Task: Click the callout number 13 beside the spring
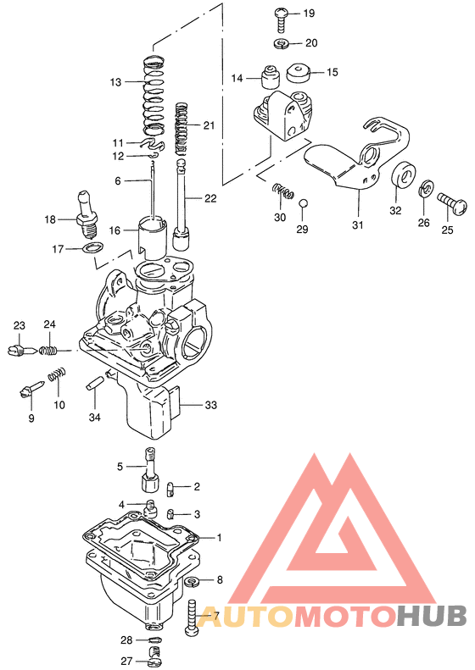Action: (x=116, y=82)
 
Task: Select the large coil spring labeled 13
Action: (x=154, y=95)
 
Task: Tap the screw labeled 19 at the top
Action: (x=282, y=15)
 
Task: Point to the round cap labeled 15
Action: (x=300, y=72)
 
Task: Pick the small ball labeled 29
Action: (x=304, y=203)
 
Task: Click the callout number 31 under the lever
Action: (x=357, y=224)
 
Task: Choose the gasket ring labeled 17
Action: (x=92, y=249)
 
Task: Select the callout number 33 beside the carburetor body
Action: (x=210, y=406)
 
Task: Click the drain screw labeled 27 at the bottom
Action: (x=154, y=651)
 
